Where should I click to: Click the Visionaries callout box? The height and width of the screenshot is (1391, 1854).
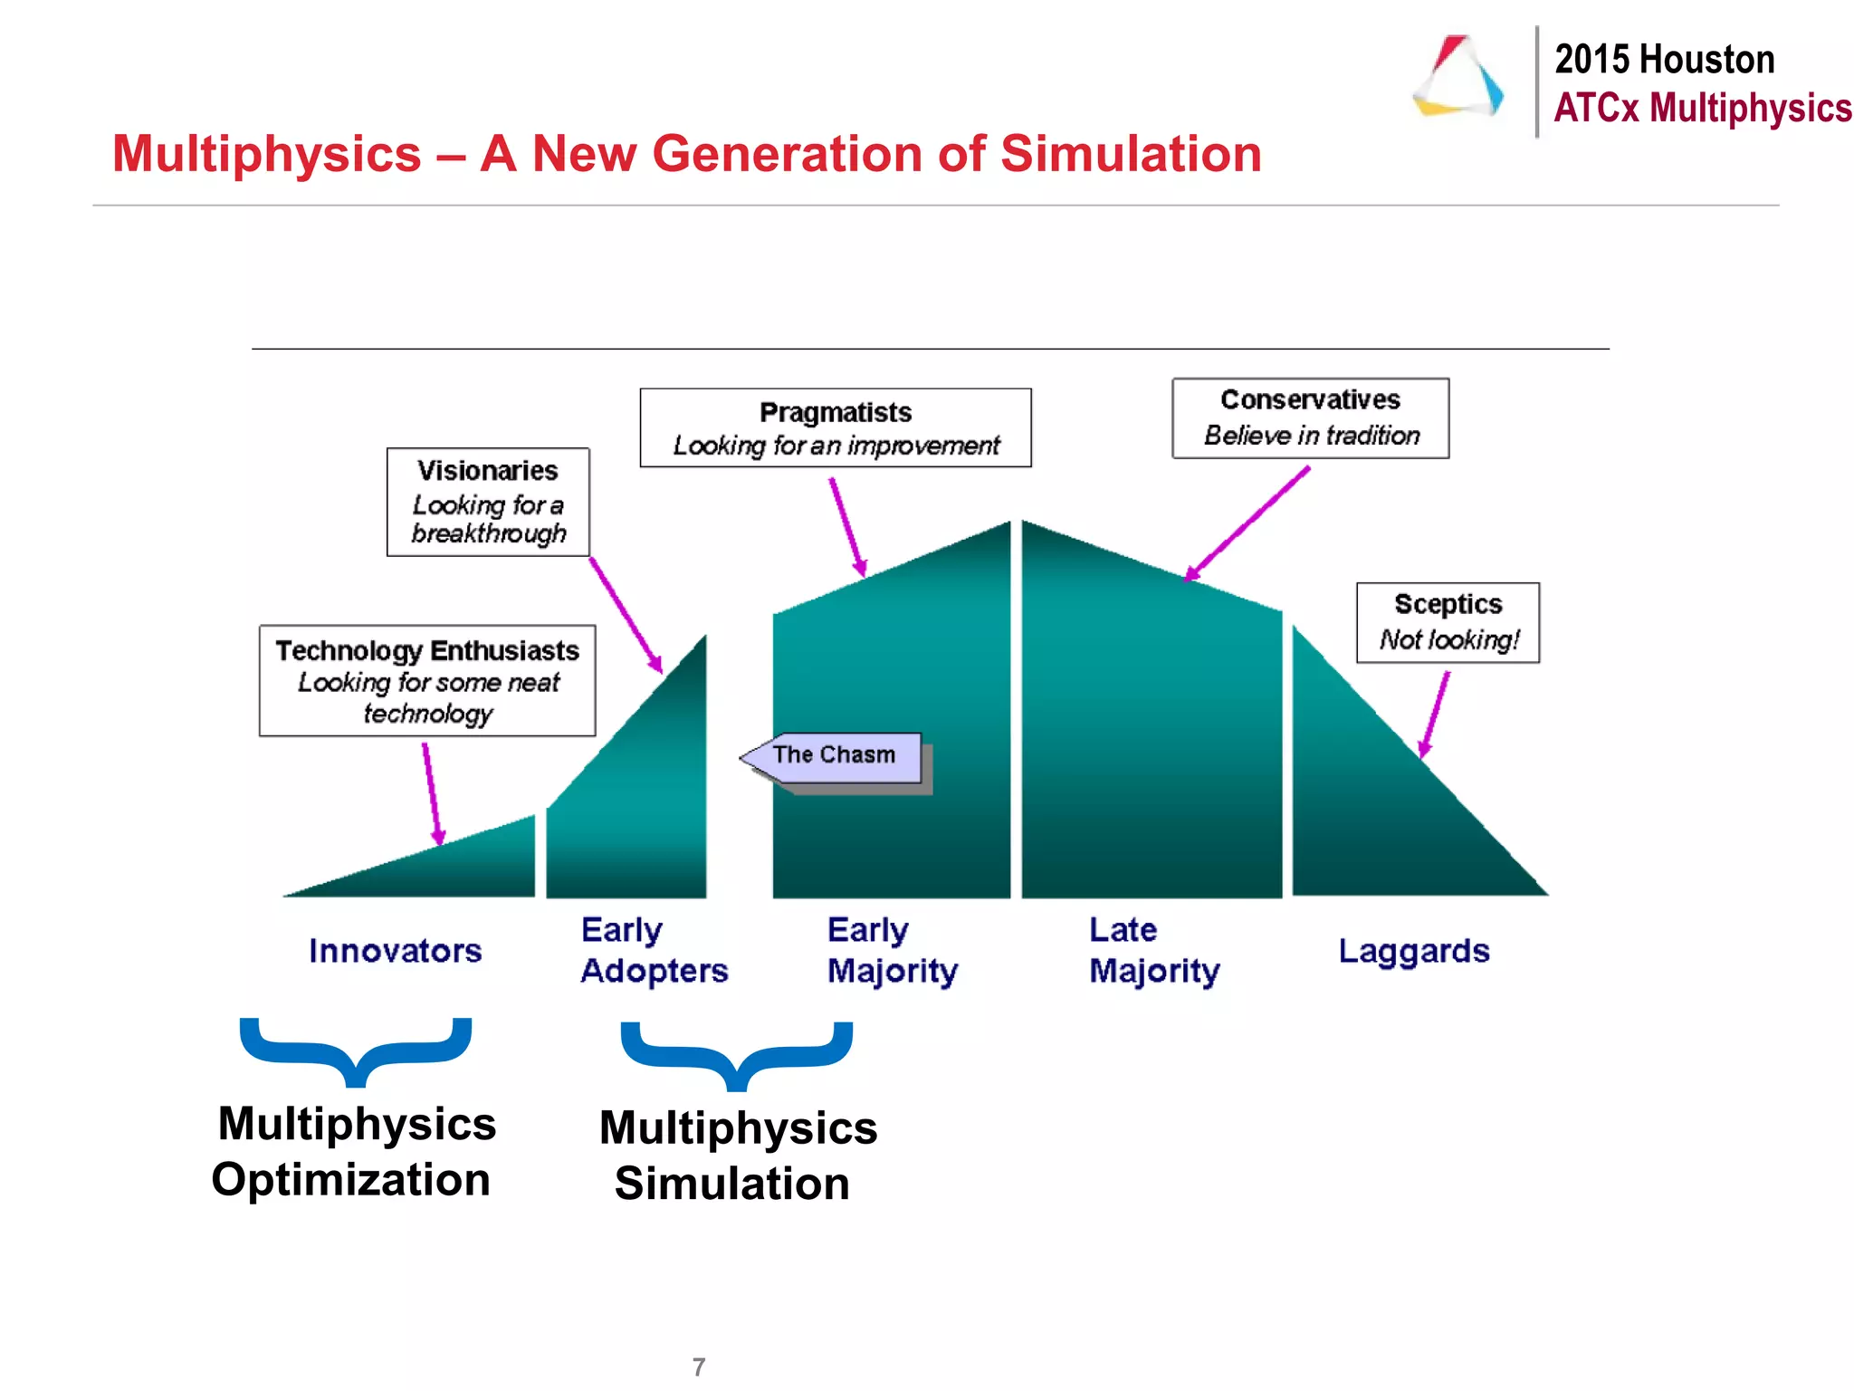[x=488, y=502]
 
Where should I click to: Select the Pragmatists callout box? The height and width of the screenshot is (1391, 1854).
[x=835, y=427]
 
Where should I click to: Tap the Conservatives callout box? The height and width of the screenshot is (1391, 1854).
[x=1310, y=417]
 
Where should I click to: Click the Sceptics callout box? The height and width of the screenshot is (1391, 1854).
[x=1447, y=622]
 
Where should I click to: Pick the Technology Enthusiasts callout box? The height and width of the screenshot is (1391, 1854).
[x=427, y=680]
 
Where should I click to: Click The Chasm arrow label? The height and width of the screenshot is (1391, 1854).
[x=833, y=756]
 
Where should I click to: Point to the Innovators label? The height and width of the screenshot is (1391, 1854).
[x=395, y=951]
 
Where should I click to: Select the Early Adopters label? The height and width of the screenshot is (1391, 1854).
[x=654, y=950]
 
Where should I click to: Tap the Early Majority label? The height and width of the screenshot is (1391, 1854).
[x=892, y=950]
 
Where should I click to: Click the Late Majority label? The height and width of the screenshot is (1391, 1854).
[x=1154, y=950]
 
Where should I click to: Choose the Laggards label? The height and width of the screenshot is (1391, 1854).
[x=1413, y=951]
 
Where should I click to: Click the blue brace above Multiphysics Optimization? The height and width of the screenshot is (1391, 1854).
[x=356, y=1050]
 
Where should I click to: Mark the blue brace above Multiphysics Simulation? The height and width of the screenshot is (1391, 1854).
[x=737, y=1055]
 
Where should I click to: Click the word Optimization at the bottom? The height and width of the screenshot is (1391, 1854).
[x=351, y=1180]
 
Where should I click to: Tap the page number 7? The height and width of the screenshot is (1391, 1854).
[x=698, y=1367]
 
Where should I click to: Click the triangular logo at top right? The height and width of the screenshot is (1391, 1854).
[x=1458, y=77]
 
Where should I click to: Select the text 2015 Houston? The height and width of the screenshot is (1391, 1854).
[x=1664, y=60]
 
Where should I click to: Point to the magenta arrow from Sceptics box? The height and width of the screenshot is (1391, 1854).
[x=1434, y=715]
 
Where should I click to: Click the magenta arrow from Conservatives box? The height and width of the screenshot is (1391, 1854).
[x=1247, y=523]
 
